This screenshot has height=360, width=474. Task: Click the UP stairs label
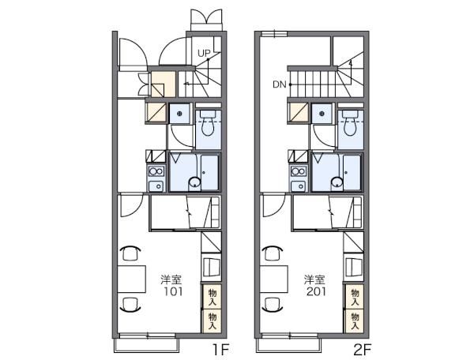tap(203, 53)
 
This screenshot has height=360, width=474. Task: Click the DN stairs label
tap(280, 84)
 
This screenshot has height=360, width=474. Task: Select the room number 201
tap(314, 291)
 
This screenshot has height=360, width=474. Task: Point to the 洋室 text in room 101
tap(171, 279)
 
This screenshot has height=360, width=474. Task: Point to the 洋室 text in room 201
tap(314, 279)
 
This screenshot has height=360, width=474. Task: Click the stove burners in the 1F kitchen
tap(155, 171)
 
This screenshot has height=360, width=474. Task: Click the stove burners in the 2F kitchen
tap(298, 171)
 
